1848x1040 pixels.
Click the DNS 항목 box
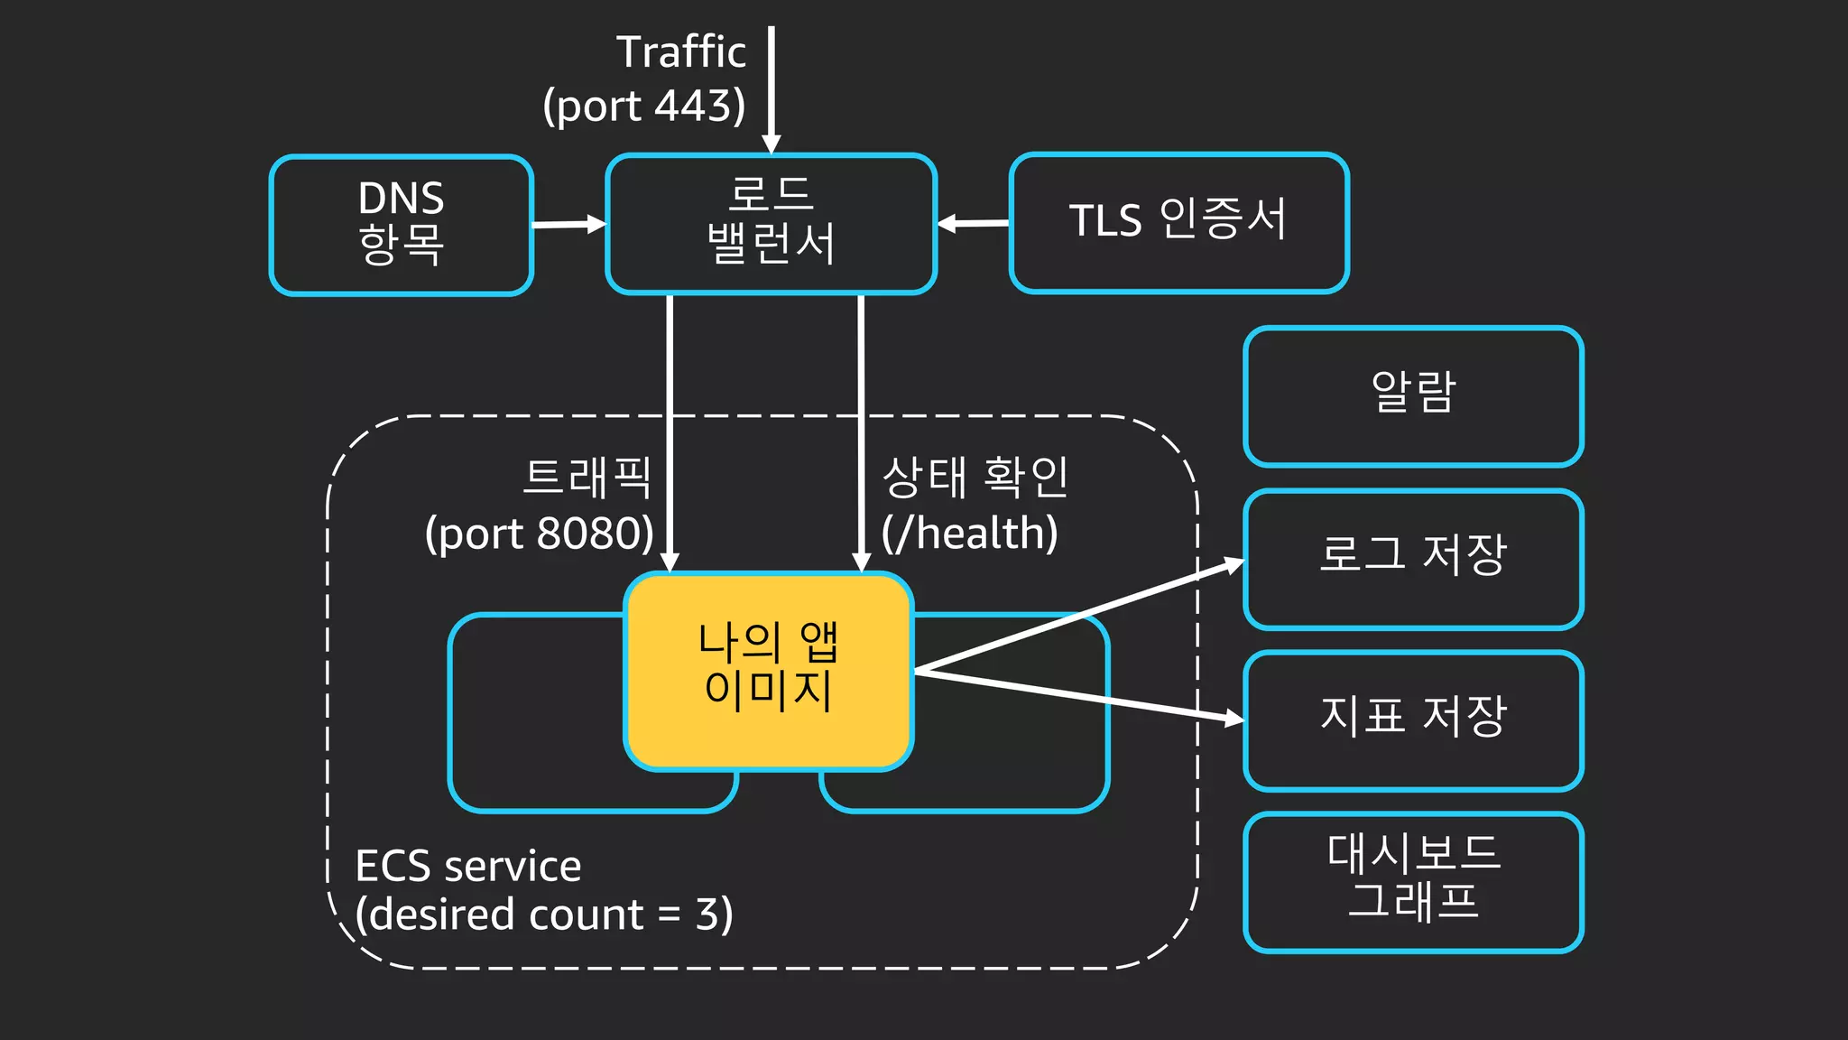pos(402,224)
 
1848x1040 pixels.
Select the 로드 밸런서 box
pos(772,224)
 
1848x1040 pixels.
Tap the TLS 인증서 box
pos(1179,222)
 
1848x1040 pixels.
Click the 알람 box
pos(1413,396)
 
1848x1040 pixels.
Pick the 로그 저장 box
pos(1413,558)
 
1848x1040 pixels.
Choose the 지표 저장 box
pos(1413,720)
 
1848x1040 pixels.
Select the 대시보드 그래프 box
pos(1413,881)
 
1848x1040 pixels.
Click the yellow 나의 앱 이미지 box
pos(769,670)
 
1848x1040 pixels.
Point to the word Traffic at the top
pos(681,52)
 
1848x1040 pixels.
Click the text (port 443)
pos(644,107)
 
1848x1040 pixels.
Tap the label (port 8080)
pos(540,534)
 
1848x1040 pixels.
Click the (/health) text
pos(970,534)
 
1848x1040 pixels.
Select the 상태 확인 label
pos(975,478)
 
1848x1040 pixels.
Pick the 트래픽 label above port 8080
pos(587,478)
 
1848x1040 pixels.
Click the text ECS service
pos(468,867)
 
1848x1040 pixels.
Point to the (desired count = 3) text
pos(544,915)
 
